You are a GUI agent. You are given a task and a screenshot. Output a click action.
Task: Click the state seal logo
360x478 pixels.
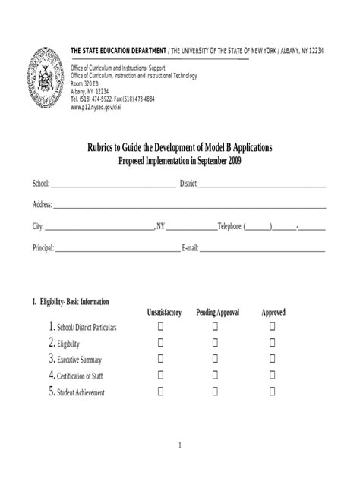[45, 80]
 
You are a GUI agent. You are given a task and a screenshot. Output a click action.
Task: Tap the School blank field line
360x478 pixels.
[113, 185]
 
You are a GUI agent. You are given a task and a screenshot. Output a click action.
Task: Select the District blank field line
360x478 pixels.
[262, 185]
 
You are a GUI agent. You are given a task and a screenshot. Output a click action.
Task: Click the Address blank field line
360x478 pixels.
[190, 206]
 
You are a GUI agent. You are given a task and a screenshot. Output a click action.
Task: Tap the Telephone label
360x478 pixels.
[229, 227]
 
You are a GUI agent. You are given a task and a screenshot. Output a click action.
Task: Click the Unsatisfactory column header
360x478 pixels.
[164, 313]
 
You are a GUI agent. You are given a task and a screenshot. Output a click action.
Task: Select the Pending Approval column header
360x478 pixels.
[217, 313]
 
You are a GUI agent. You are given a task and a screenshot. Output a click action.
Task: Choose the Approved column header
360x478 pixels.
[273, 313]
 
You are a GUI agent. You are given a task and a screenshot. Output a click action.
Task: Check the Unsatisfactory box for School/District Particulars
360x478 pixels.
[161, 326]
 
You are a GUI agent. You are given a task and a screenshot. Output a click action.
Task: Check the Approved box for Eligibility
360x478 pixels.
[273, 343]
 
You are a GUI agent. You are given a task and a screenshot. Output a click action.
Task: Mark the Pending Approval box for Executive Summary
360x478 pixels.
[216, 359]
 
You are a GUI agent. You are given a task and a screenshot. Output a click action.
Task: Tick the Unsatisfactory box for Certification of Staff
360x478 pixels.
[161, 375]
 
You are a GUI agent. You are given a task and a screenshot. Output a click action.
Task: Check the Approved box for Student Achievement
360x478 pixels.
[273, 392]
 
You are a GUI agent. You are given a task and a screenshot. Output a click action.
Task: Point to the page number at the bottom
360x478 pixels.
[179, 445]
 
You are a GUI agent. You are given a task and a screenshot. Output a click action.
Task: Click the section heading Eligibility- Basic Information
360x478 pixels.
[71, 302]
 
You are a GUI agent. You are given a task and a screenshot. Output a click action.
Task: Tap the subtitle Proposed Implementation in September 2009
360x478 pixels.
[179, 161]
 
